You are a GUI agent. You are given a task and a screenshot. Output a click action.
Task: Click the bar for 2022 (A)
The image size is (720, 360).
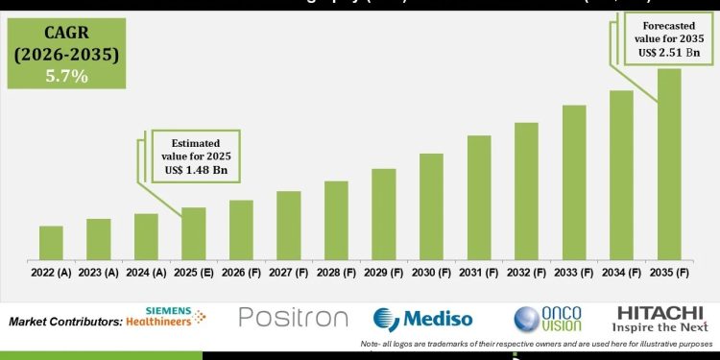coord(51,244)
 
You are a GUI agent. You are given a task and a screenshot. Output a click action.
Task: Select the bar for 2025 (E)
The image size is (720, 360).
coord(194,234)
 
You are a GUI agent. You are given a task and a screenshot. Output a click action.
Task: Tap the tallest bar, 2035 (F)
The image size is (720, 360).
coord(669,164)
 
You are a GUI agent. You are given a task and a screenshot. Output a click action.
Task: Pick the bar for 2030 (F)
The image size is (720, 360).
coord(431,207)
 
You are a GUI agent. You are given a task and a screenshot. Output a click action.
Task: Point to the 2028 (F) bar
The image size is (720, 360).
coord(336,221)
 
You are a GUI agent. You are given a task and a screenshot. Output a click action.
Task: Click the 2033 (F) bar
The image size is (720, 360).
coord(574,182)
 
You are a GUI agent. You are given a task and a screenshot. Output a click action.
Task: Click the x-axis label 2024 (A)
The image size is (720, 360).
coord(146,273)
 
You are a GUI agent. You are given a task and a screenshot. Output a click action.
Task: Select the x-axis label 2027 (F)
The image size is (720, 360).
coord(289,273)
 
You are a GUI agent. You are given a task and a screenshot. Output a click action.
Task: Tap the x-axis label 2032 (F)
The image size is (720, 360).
coord(526,273)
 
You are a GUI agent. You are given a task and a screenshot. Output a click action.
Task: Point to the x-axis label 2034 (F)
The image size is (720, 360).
coord(622,273)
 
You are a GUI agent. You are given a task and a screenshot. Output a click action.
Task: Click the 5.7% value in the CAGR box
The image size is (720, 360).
coord(65,76)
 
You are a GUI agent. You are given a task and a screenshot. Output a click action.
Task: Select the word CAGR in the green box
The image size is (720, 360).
coord(65,36)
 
